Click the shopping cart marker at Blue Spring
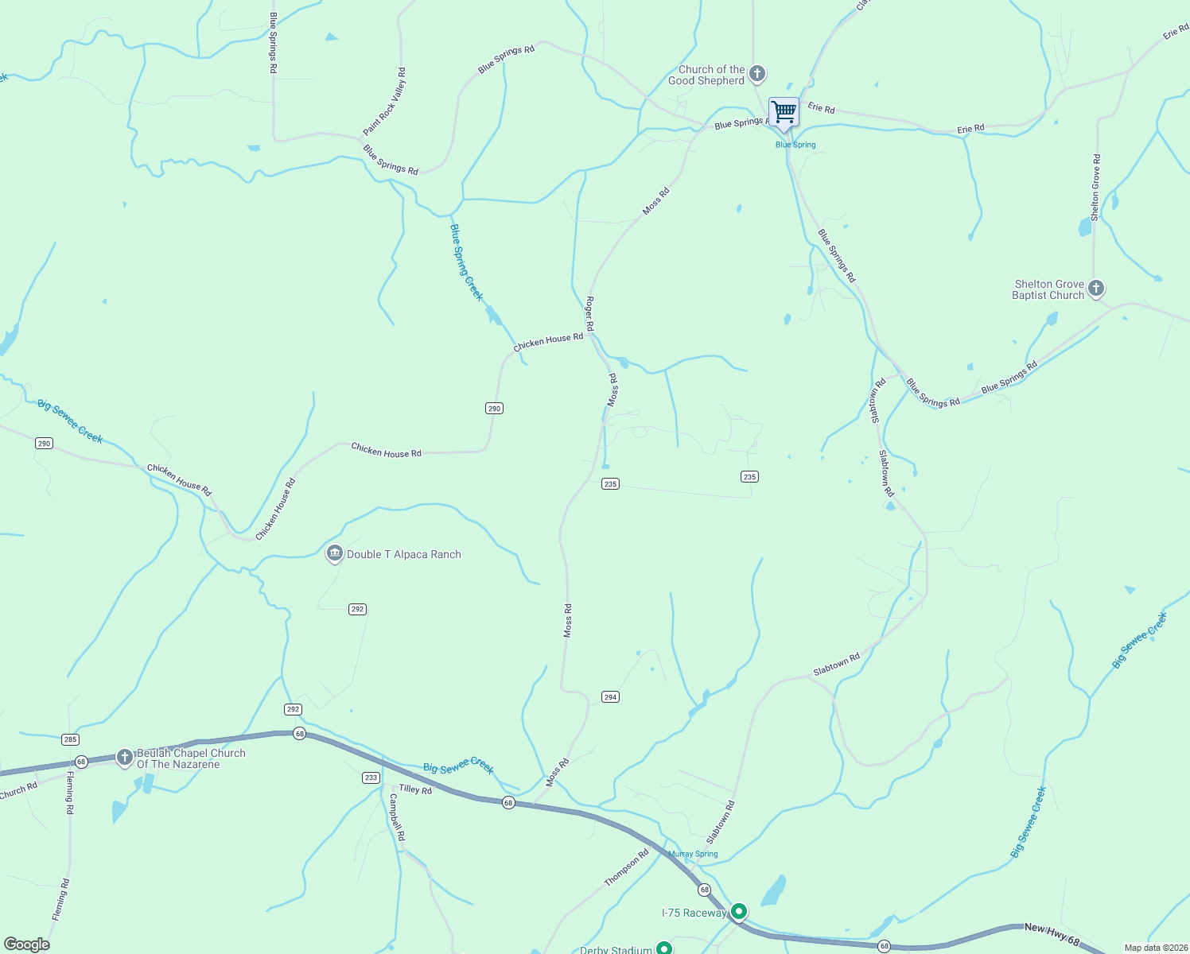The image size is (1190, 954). pyautogui.click(x=784, y=112)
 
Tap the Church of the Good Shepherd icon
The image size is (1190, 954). pyautogui.click(x=757, y=74)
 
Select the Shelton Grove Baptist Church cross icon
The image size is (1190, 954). pyautogui.click(x=1096, y=289)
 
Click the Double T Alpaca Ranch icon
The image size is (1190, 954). pyautogui.click(x=335, y=554)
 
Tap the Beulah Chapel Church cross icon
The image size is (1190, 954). pyautogui.click(x=124, y=758)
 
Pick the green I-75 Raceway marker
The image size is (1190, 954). pyautogui.click(x=739, y=911)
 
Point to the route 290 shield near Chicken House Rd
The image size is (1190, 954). pyautogui.click(x=494, y=409)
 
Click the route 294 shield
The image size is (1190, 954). pyautogui.click(x=610, y=697)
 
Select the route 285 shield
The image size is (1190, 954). pyautogui.click(x=70, y=739)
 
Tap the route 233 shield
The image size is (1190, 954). pyautogui.click(x=371, y=778)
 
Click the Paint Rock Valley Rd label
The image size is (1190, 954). pyautogui.click(x=385, y=102)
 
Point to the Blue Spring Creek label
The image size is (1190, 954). pyautogui.click(x=466, y=262)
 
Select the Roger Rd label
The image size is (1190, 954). pyautogui.click(x=589, y=314)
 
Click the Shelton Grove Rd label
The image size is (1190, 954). pyautogui.click(x=1095, y=188)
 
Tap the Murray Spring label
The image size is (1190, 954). pyautogui.click(x=693, y=854)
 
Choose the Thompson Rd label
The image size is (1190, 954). pyautogui.click(x=626, y=867)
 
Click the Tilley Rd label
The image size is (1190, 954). pyautogui.click(x=415, y=789)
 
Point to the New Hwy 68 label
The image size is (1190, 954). pyautogui.click(x=1052, y=935)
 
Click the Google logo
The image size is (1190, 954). pyautogui.click(x=27, y=944)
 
